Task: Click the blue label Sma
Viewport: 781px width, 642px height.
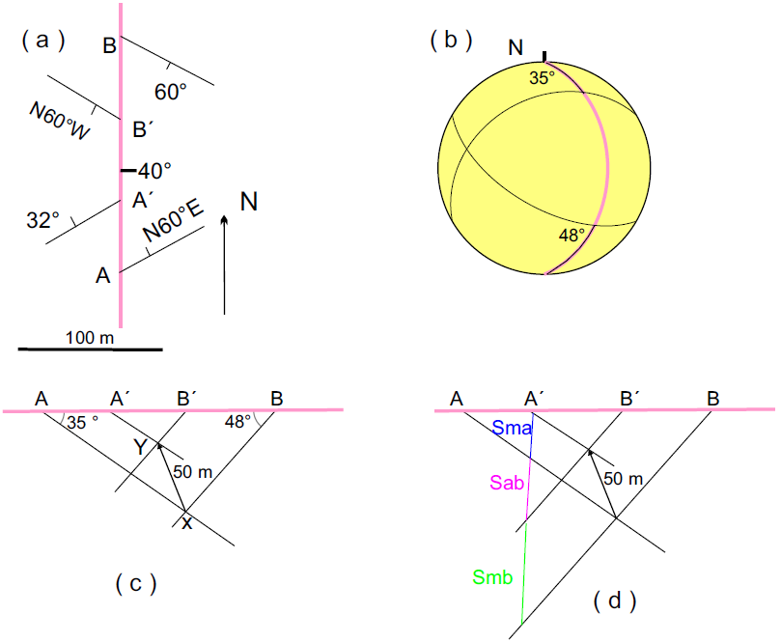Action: (x=512, y=428)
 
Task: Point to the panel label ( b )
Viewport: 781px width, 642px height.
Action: (x=451, y=40)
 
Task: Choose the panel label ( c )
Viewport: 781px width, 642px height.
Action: (x=135, y=583)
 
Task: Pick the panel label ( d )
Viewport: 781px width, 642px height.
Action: (x=615, y=600)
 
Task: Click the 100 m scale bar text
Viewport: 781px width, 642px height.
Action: (x=90, y=338)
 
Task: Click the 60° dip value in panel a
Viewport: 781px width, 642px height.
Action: (x=170, y=92)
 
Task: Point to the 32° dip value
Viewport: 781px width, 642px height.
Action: (x=43, y=220)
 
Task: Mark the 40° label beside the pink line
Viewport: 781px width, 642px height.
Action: (x=154, y=171)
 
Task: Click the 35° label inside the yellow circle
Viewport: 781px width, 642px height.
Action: (x=542, y=77)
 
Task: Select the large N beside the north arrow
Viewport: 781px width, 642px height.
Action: (x=249, y=201)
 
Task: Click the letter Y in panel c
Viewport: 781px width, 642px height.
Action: (x=140, y=446)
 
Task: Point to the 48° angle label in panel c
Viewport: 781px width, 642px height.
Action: (x=237, y=422)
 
